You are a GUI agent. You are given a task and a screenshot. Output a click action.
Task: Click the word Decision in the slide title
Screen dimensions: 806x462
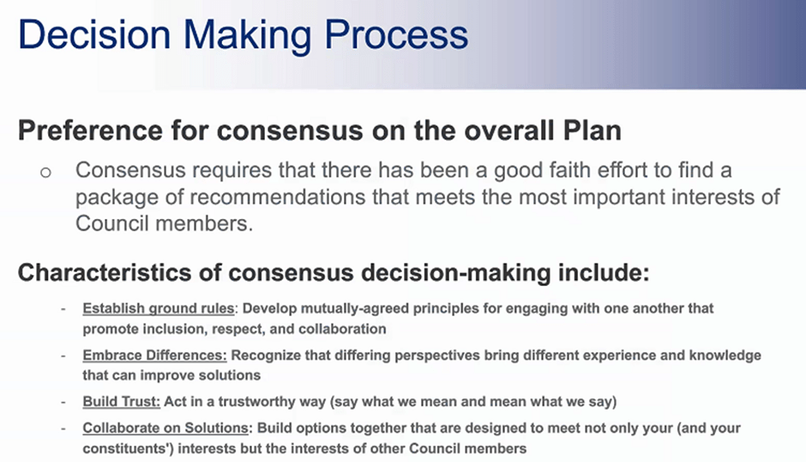pyautogui.click(x=94, y=34)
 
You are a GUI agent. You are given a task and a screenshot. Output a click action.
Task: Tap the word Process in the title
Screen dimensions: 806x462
pyautogui.click(x=396, y=34)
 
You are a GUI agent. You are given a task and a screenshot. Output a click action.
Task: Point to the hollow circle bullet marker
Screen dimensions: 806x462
pyautogui.click(x=45, y=172)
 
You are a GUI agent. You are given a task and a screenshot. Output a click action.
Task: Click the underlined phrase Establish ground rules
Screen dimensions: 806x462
pyautogui.click(x=159, y=308)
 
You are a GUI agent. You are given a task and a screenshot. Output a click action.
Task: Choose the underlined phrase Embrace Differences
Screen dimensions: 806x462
pyautogui.click(x=154, y=356)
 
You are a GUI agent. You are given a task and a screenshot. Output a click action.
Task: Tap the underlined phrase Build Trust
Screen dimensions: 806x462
pyautogui.click(x=121, y=402)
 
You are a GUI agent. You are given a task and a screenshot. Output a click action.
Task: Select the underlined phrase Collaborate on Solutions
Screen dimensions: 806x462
pyautogui.click(x=165, y=428)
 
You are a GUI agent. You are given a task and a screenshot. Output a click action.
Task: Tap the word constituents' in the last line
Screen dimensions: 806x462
pyautogui.click(x=128, y=448)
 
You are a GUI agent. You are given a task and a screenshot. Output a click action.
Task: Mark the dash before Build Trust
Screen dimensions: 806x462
pyautogui.click(x=63, y=402)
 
